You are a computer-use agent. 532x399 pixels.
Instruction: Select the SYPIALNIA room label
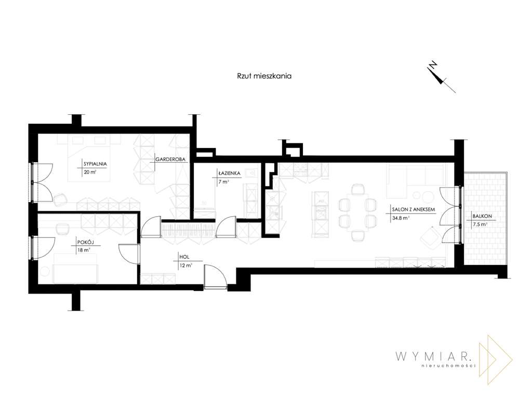[x=95, y=163]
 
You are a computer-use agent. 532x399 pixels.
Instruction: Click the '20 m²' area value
[x=89, y=172]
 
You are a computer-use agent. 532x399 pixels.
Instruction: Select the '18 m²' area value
[x=83, y=250]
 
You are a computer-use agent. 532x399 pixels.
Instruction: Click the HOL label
[x=183, y=257]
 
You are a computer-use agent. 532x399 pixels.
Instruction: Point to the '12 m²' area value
[x=185, y=265]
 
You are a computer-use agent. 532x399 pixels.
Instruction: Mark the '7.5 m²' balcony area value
[x=480, y=224]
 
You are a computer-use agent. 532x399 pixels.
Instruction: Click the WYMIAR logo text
[x=433, y=356]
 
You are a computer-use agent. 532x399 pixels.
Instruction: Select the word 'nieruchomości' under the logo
[x=450, y=367]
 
